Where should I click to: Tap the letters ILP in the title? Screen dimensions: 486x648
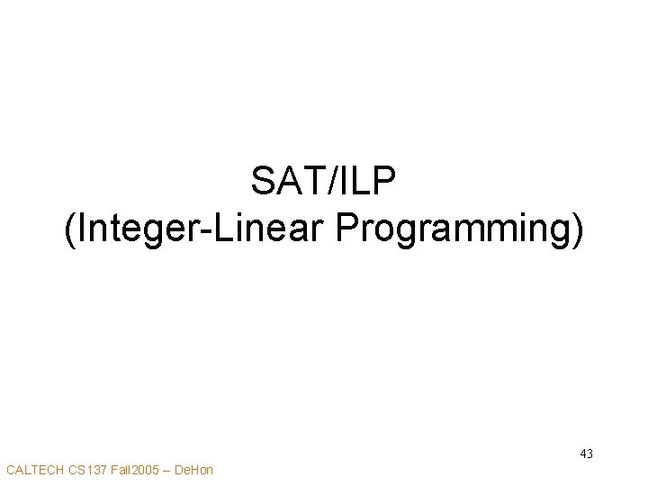point(371,183)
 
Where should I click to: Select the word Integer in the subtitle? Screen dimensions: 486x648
point(133,230)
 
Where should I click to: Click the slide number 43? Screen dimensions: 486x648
point(586,454)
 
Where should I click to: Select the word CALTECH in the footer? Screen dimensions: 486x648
point(33,470)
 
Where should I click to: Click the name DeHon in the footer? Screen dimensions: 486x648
point(194,470)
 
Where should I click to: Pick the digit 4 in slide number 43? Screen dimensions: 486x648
point(582,454)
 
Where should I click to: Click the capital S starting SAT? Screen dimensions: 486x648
point(263,183)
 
